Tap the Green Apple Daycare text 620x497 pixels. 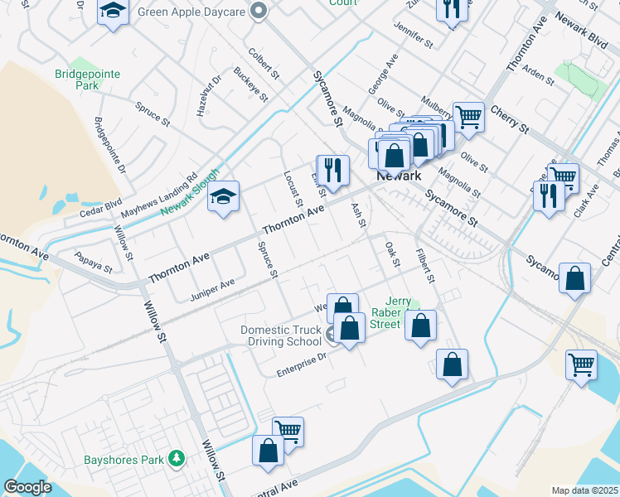(x=192, y=12)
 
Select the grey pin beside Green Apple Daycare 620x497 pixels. (x=259, y=12)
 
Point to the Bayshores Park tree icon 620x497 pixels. (x=176, y=458)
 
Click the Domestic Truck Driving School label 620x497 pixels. (x=281, y=335)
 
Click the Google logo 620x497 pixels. (x=27, y=487)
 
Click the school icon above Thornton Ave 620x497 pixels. (x=223, y=196)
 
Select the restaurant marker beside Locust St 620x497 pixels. (x=333, y=170)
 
